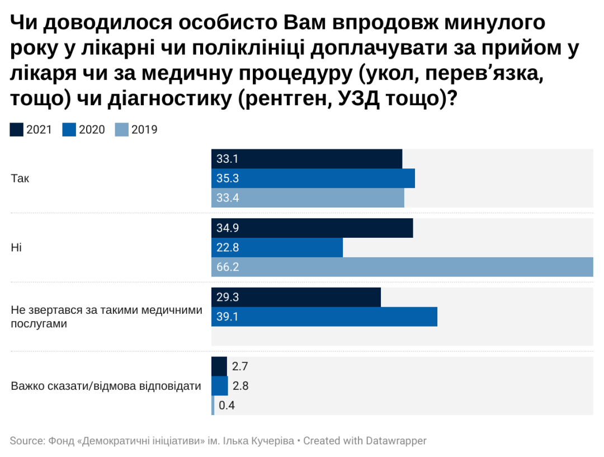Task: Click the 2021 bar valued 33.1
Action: point(306,159)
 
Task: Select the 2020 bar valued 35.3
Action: point(313,178)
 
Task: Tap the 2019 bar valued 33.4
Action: point(308,198)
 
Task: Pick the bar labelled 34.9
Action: point(312,228)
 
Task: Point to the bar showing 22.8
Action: point(277,247)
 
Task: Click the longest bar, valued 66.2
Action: point(402,267)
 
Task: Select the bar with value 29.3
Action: point(296,297)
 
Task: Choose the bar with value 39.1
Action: point(324,317)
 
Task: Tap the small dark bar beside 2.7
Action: point(219,366)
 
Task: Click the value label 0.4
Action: point(226,406)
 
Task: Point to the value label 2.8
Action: point(240,386)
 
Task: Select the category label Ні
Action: point(16,247)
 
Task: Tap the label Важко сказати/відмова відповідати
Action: point(106,386)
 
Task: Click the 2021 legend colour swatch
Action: point(17,130)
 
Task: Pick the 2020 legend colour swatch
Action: point(69,130)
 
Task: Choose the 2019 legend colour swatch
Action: point(122,130)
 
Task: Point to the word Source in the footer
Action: point(25,441)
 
